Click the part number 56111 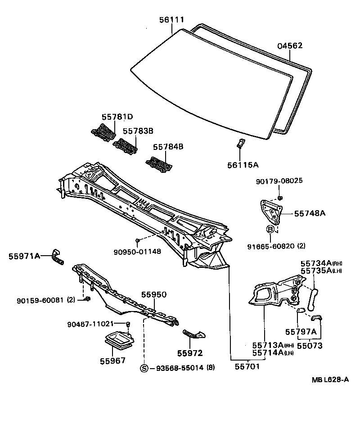[x=171, y=19]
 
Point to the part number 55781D [x=117, y=117]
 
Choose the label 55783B [x=138, y=131]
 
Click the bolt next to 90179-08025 [x=280, y=198]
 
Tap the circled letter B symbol [x=270, y=229]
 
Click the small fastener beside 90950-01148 [x=138, y=241]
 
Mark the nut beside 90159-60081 [x=87, y=299]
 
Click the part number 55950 [x=154, y=295]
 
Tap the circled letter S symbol [x=144, y=368]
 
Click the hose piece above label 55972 [x=193, y=334]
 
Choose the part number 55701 [x=247, y=367]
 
